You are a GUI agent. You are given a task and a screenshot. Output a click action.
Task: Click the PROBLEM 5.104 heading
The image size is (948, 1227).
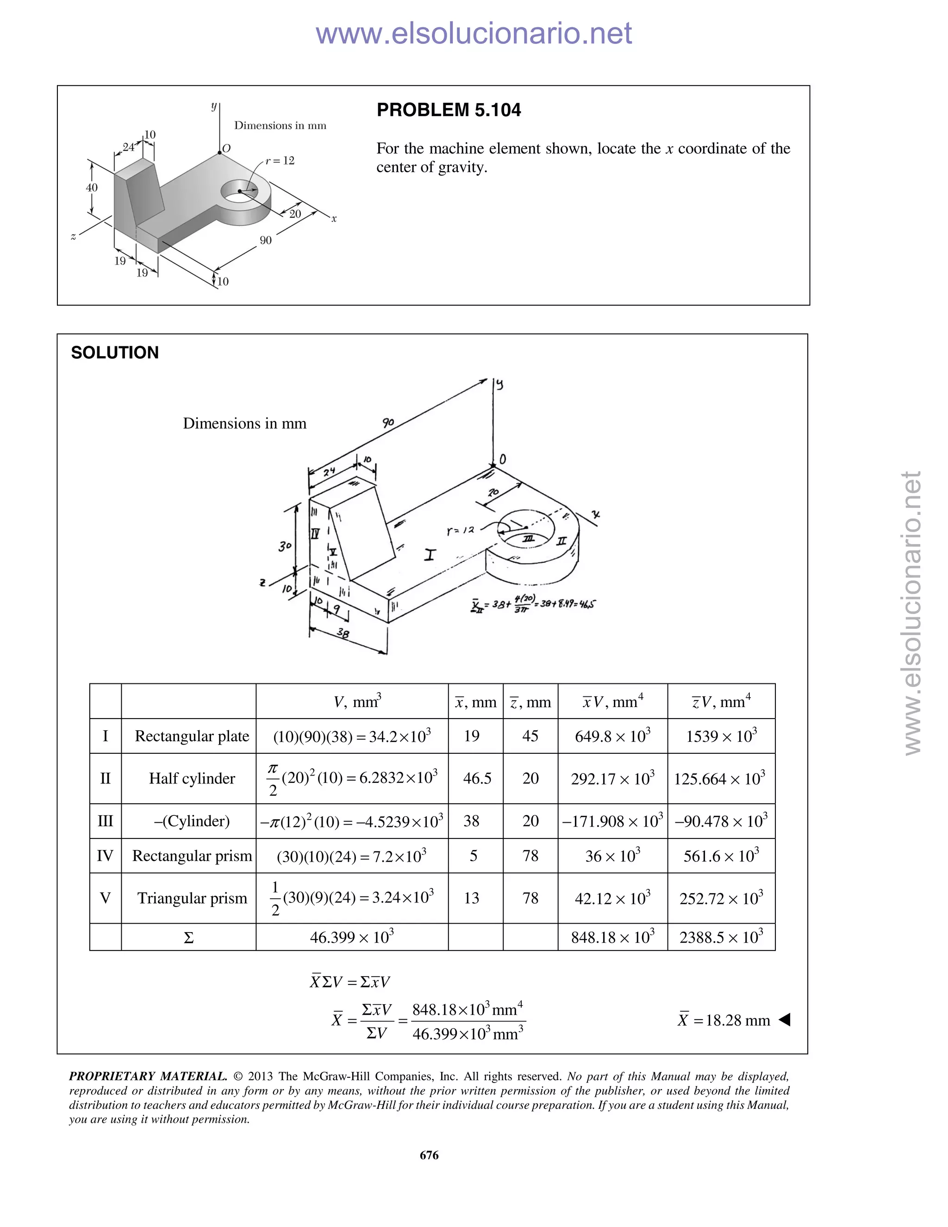(448, 110)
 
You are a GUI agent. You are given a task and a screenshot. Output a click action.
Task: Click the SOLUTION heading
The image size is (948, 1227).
(115, 352)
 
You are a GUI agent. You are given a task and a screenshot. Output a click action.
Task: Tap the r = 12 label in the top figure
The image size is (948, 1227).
(280, 161)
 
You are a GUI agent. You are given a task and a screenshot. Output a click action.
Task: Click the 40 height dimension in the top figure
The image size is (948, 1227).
(92, 187)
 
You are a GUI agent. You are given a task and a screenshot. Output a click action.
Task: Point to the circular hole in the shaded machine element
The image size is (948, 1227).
(239, 191)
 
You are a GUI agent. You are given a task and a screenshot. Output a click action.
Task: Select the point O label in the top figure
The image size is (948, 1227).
(226, 148)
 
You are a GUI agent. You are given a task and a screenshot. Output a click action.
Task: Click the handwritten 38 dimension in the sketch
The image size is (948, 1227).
(343, 634)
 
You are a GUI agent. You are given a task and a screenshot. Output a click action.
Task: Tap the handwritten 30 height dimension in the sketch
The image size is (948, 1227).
(285, 545)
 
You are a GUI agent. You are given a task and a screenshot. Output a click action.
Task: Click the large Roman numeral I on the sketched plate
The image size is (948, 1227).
(430, 555)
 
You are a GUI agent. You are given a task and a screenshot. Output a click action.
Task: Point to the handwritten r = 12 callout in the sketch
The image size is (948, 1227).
(461, 530)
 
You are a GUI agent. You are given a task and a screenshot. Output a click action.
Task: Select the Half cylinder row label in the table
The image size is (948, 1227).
(192, 778)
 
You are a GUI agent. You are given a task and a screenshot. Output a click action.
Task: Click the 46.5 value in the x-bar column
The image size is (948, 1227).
(477, 778)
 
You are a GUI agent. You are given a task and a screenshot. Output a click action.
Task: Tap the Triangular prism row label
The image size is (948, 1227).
(192, 898)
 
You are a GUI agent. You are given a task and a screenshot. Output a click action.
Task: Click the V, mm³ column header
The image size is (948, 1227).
(357, 701)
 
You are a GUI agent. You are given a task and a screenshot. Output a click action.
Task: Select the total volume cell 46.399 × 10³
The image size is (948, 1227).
(352, 937)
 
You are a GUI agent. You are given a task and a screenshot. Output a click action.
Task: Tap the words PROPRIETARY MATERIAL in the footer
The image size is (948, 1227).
(148, 1077)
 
